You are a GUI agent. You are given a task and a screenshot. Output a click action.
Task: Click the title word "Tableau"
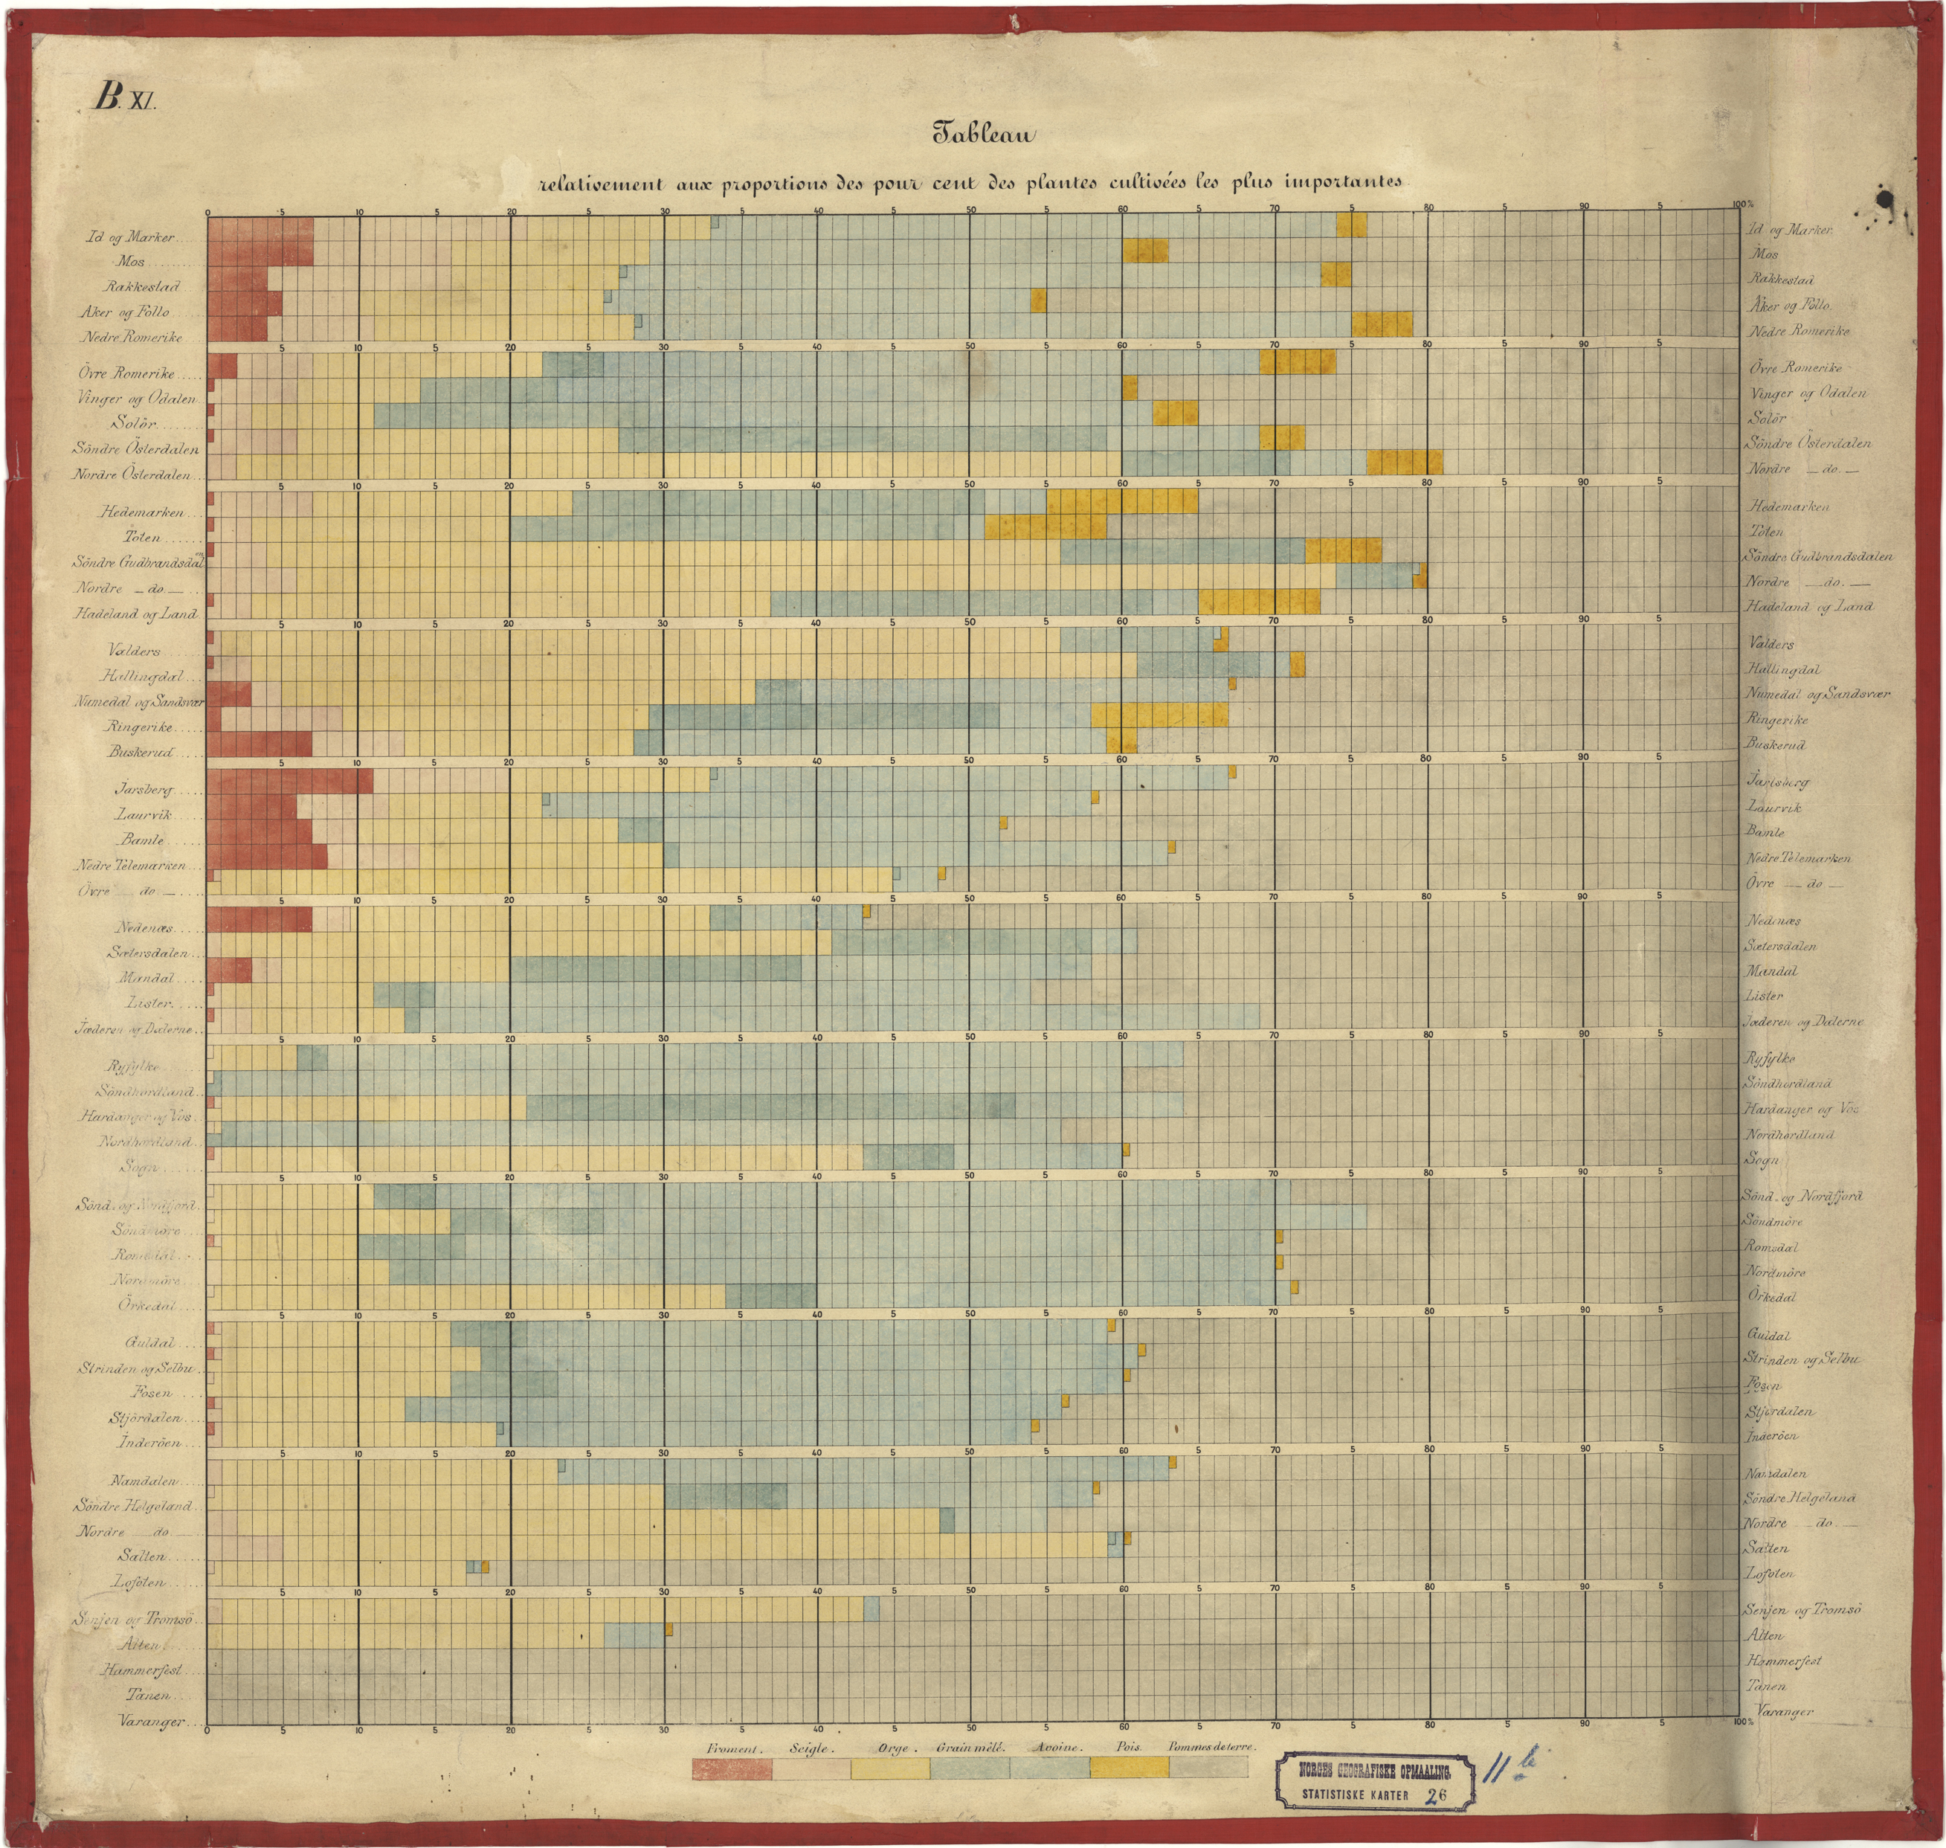[x=983, y=135]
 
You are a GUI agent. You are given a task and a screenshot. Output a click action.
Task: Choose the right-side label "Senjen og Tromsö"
[x=1802, y=1609]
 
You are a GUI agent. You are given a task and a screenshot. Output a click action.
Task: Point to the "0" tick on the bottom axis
[x=207, y=1731]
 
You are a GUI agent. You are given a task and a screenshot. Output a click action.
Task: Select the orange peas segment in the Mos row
[x=1145, y=250]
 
